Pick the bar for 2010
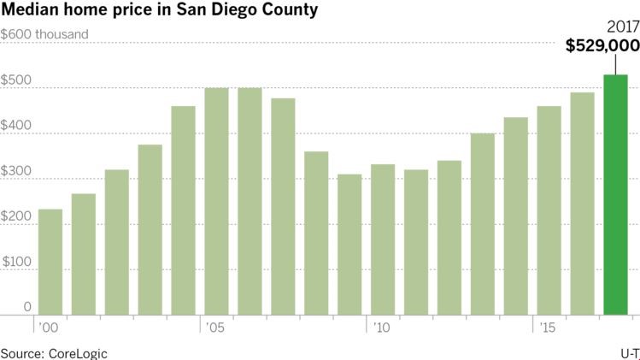383,239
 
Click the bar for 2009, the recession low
349,245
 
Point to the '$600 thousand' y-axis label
44,34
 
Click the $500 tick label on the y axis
16,80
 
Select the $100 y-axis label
16,262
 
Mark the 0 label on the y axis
27,307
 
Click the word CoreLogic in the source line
79,352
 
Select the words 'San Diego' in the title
210,11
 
